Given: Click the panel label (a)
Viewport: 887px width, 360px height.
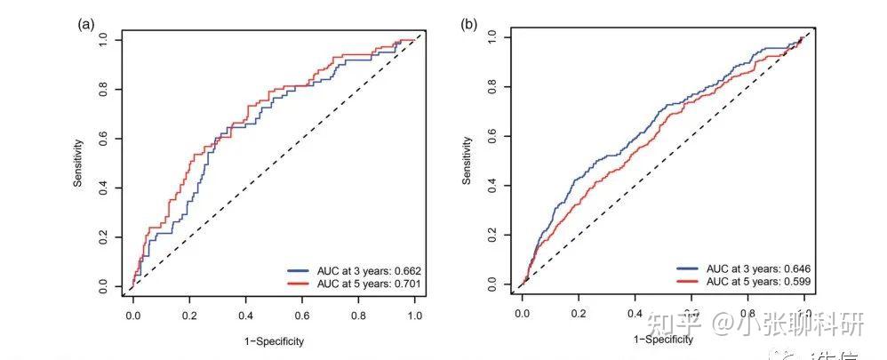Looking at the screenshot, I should coord(86,24).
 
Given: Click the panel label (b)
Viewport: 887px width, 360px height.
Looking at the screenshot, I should coord(468,24).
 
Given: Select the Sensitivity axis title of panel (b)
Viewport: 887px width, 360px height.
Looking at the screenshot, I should coord(467,161).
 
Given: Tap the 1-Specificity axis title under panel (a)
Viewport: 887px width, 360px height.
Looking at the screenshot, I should coord(275,341).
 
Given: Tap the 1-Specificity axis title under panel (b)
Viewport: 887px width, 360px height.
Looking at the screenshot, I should coord(662,340).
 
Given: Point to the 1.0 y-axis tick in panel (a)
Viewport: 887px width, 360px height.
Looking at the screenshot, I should coord(104,39).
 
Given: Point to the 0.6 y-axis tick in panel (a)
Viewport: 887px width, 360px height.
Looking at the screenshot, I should coord(104,139).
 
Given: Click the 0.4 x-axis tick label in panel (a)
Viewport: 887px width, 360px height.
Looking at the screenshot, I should coord(246,316).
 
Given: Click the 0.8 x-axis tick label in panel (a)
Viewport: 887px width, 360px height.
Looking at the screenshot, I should coord(359,316).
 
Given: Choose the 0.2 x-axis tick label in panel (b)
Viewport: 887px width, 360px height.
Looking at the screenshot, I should coord(578,314).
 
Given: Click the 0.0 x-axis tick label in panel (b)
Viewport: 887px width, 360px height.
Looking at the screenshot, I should coord(522,314).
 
